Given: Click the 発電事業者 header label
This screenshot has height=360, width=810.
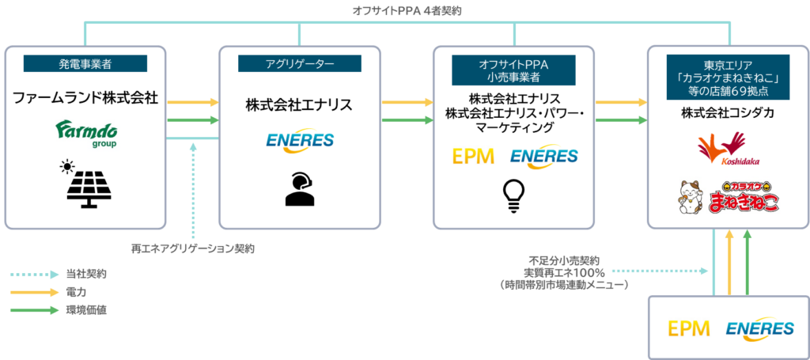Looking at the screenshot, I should tap(85, 64).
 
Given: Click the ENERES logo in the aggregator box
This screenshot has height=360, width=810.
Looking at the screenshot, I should tap(299, 142).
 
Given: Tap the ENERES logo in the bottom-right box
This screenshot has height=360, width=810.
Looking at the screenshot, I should tap(759, 328).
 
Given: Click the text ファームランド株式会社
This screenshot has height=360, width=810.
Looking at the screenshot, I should tap(85, 99).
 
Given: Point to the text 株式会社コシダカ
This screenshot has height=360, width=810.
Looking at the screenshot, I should tap(727, 114).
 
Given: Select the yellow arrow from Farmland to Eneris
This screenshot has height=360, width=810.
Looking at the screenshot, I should tap(204, 102).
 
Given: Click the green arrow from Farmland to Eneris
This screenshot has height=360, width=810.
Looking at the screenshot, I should tap(204, 120).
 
